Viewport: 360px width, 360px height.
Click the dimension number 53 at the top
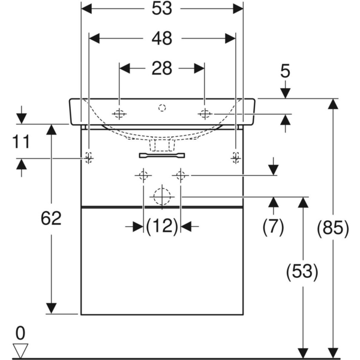point(162,8)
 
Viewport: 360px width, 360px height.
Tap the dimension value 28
point(162,68)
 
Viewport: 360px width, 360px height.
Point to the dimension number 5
point(285,71)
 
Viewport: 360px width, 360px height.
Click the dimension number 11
point(21,142)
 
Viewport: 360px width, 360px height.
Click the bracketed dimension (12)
point(162,226)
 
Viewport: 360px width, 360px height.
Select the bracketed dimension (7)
point(273,226)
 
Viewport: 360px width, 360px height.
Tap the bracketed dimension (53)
point(302,272)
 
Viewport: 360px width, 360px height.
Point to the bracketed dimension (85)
point(331,227)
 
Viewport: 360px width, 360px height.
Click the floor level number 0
point(21,332)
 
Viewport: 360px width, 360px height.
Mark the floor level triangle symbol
point(21,349)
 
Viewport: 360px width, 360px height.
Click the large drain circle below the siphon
point(161,196)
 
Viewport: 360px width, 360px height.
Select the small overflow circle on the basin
point(161,109)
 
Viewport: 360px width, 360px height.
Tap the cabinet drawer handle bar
point(162,155)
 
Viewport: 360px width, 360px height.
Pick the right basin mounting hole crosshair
point(205,113)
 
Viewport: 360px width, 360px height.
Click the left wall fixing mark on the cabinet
point(89,158)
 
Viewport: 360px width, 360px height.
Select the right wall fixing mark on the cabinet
point(235,158)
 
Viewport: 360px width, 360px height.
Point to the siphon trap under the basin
point(162,145)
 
